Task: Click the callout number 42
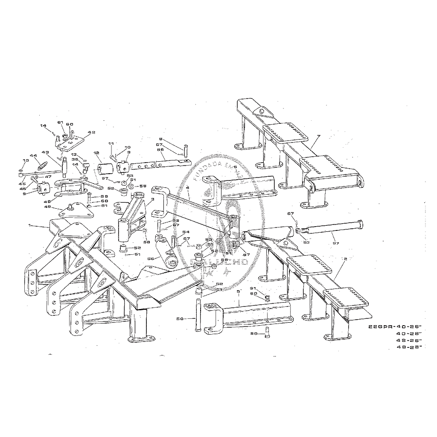(x=91, y=133)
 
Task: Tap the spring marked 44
(x=43, y=164)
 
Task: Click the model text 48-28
(x=408, y=348)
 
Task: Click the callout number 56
(x=150, y=259)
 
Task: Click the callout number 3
(x=152, y=199)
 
